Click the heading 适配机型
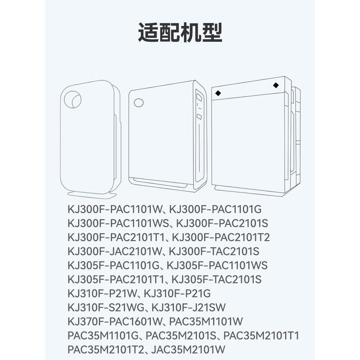180,32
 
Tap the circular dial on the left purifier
73,99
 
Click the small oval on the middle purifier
139,102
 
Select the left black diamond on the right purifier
218,93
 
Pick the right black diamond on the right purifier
276,85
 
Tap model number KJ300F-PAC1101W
115,209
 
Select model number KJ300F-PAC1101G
215,209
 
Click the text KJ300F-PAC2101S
222,224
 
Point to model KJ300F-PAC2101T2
221,237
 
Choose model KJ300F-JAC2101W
115,251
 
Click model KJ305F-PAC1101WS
217,265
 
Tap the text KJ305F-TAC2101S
216,279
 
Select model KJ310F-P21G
177,293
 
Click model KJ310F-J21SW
189,307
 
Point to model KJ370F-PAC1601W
115,321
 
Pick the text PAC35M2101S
181,336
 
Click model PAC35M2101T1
261,336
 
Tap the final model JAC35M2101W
188,350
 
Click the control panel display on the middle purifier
199,97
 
